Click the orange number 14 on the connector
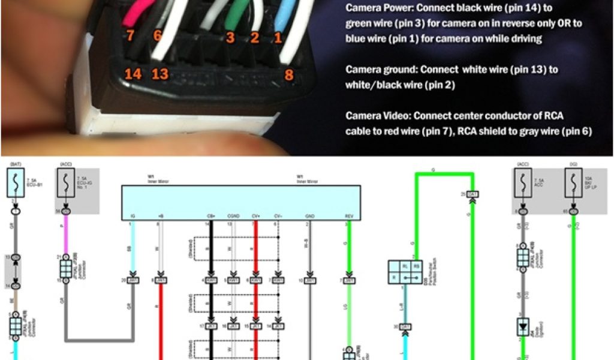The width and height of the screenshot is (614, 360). (x=133, y=74)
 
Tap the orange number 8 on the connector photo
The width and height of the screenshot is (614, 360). (x=288, y=75)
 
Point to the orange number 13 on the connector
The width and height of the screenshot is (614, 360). (x=160, y=74)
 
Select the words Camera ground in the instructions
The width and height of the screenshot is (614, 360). (x=378, y=70)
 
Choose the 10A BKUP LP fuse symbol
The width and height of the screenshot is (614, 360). (x=574, y=181)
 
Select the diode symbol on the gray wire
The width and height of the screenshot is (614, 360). (x=523, y=328)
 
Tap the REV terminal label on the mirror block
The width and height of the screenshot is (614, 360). (x=348, y=215)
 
